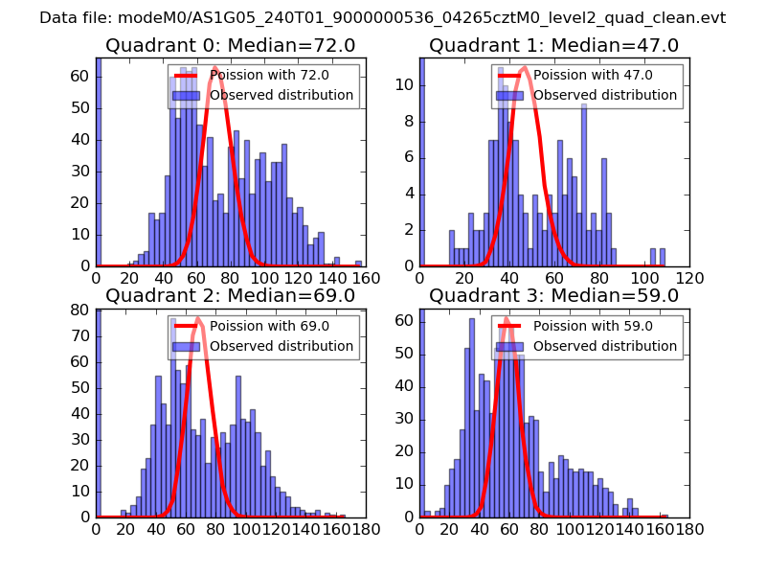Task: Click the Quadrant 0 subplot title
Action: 231,45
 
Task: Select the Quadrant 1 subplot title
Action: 554,45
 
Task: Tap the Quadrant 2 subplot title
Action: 231,295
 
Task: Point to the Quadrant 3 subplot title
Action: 554,295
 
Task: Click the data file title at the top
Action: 383,17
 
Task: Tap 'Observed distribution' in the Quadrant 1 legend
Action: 605,96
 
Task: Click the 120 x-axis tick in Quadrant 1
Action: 689,278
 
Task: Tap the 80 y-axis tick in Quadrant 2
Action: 82,310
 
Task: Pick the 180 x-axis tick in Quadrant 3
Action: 689,528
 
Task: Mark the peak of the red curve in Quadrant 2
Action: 198,318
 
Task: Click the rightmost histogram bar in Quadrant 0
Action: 358,263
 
